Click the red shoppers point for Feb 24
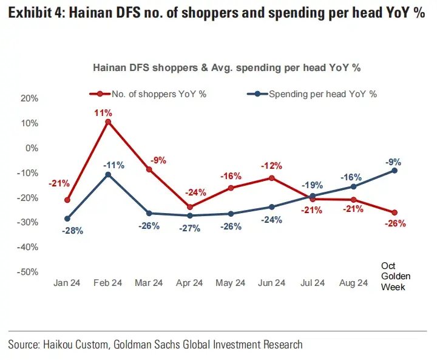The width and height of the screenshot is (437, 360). coord(108,122)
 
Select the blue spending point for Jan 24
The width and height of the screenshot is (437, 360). coord(67,219)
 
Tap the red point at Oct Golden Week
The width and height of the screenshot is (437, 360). coord(395,212)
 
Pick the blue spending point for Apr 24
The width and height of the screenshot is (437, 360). coord(190,216)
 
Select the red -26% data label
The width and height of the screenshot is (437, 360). coord(395,223)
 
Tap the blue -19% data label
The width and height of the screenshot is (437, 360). coord(313,185)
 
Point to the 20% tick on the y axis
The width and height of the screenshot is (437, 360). coord(29,98)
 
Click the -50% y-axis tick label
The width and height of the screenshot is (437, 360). coord(27,272)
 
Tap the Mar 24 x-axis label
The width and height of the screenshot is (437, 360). coord(149,283)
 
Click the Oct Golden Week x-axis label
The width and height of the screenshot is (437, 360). coord(395,276)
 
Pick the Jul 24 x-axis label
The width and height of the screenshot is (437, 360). coord(313,283)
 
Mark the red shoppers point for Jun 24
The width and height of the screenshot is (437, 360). coord(272,178)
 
